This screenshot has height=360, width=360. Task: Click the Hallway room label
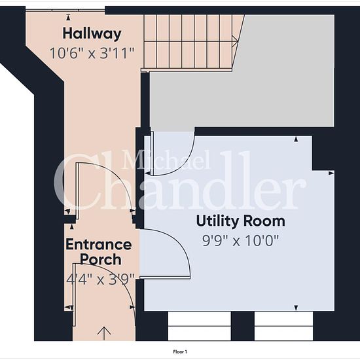pyautogui.click(x=92, y=34)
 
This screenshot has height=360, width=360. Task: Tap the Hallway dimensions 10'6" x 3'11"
pyautogui.click(x=92, y=53)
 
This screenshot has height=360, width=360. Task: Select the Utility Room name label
pyautogui.click(x=241, y=221)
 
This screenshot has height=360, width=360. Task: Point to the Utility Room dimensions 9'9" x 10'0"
pyautogui.click(x=240, y=241)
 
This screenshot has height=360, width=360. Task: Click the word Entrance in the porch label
pyautogui.click(x=99, y=245)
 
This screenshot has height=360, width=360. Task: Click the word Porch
pyautogui.click(x=101, y=259)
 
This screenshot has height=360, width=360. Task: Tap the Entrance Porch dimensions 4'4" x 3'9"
pyautogui.click(x=100, y=279)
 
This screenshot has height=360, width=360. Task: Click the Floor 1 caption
pyautogui.click(x=180, y=351)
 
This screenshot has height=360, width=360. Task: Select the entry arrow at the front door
pyautogui.click(x=104, y=333)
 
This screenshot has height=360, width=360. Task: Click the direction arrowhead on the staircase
pyautogui.click(x=235, y=42)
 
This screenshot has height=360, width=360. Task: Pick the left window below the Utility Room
pyautogui.click(x=199, y=326)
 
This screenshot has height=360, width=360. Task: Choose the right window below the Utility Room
pyautogui.click(x=283, y=326)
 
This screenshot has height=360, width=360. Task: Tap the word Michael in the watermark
pyautogui.click(x=166, y=160)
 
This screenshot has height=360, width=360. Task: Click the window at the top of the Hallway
pyautogui.click(x=65, y=10)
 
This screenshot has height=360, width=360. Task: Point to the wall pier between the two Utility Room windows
pyautogui.click(x=242, y=326)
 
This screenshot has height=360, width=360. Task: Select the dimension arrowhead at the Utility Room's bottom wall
pyautogui.click(x=296, y=308)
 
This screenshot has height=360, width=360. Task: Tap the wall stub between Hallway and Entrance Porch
pyautogui.click(x=70, y=219)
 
